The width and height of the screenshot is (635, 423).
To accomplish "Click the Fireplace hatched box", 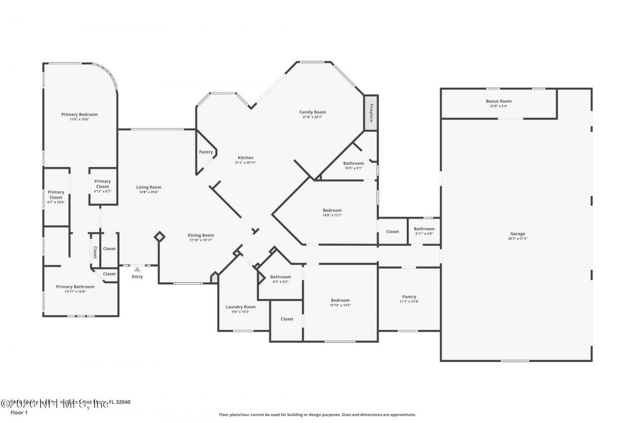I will (371, 113).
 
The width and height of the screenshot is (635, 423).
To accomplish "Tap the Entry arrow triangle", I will (137, 269).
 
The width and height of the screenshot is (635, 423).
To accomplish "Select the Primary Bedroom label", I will (79, 115).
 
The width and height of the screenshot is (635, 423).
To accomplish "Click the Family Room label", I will (312, 112).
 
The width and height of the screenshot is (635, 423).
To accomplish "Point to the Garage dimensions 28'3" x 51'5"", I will (517, 239).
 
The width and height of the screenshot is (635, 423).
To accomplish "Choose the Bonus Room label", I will (499, 101).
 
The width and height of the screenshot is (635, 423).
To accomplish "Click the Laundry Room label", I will (241, 307).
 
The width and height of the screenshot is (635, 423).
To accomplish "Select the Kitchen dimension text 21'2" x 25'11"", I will (245, 163).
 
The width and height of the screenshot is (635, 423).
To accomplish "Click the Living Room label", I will (149, 187).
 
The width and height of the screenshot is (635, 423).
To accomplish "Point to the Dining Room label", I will (201, 235).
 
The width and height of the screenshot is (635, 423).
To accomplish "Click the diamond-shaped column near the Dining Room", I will (159, 237).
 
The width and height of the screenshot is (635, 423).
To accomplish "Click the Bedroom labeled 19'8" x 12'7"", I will (332, 210).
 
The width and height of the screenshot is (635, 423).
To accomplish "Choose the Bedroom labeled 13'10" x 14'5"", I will (340, 300).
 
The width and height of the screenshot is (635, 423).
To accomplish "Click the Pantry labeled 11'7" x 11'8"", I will (409, 297).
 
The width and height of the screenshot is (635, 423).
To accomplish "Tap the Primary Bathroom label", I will (75, 287).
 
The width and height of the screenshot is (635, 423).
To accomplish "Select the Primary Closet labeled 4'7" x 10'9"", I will (56, 195).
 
